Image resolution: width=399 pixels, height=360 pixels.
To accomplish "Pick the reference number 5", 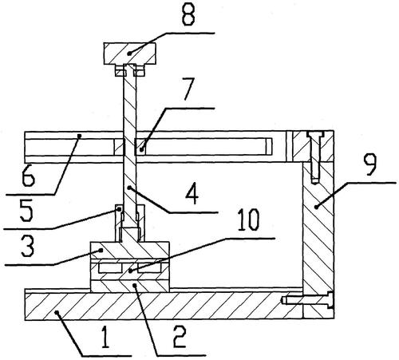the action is coord(26,210).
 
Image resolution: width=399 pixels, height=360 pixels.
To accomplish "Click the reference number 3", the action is coord(28,247).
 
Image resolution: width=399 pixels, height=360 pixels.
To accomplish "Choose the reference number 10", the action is coord(248,220).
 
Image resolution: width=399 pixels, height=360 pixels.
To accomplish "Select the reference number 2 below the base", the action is coord(180,337).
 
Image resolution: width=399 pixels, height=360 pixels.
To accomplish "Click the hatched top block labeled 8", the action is coord(129,53).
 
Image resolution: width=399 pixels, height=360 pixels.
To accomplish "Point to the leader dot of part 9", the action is coord(316,207).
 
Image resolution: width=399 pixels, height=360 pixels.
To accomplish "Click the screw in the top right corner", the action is coord(315,157).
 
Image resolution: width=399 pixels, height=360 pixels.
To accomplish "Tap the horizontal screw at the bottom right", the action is coord(308,301).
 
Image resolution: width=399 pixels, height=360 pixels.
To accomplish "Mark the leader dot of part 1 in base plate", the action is coord(57,313).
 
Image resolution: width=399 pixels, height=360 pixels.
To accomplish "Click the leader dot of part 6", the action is coord(79,136).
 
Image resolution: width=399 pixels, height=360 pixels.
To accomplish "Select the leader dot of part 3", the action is coord(101,250).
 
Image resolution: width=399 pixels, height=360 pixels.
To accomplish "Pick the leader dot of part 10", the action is coord(130,271).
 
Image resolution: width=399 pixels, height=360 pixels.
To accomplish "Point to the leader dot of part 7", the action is coord(142,149).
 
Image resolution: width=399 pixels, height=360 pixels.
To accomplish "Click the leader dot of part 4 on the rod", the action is coord(129,188).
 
